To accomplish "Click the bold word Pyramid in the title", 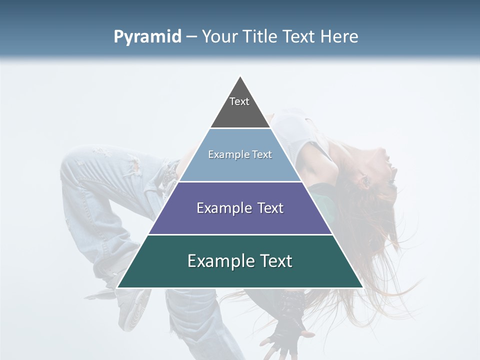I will [x=147, y=37].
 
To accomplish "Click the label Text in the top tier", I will [x=239, y=101].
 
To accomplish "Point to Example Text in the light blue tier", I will [x=240, y=154].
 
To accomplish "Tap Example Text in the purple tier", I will [x=240, y=208].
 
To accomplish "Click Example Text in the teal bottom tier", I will [x=240, y=261].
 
